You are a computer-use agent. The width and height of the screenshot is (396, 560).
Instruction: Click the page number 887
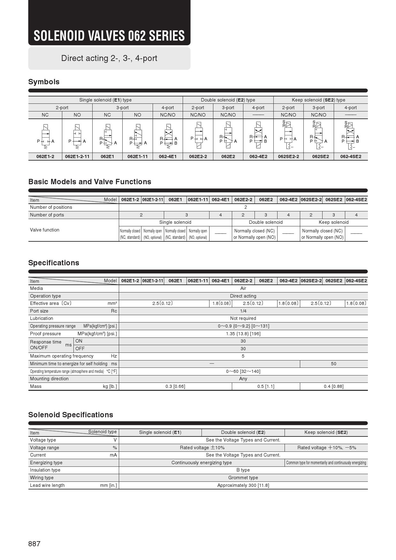coord(34,544)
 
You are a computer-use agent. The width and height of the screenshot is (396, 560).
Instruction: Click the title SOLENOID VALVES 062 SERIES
coord(109,36)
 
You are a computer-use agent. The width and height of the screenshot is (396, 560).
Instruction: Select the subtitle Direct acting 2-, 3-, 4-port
coord(109,58)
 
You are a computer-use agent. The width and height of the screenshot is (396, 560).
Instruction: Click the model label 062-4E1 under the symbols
coord(168,156)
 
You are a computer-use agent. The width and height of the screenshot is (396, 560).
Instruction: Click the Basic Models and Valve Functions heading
coord(90,182)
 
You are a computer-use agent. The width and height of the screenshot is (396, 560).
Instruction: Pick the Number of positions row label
coord(51,207)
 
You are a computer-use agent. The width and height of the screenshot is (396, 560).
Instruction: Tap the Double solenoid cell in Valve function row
coord(266,222)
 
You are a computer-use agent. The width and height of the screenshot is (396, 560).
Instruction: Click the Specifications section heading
coord(54,263)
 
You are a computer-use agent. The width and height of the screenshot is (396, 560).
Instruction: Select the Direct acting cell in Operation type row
coord(243,296)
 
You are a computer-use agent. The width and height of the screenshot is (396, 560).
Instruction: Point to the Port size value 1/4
coord(243,311)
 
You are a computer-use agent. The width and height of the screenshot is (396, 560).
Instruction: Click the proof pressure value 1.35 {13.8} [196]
coord(243,334)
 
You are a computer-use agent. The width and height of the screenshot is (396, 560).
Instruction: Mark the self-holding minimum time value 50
coord(333,364)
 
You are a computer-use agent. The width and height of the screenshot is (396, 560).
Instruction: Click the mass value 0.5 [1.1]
coord(266,386)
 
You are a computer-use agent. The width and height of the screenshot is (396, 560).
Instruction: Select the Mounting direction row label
coord(49,379)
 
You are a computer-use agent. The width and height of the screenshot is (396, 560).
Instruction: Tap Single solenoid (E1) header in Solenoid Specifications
coord(160,432)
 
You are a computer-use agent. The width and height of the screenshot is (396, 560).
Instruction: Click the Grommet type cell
coord(243,478)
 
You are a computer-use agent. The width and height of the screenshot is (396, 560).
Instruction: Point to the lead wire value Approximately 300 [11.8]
coord(243,485)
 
